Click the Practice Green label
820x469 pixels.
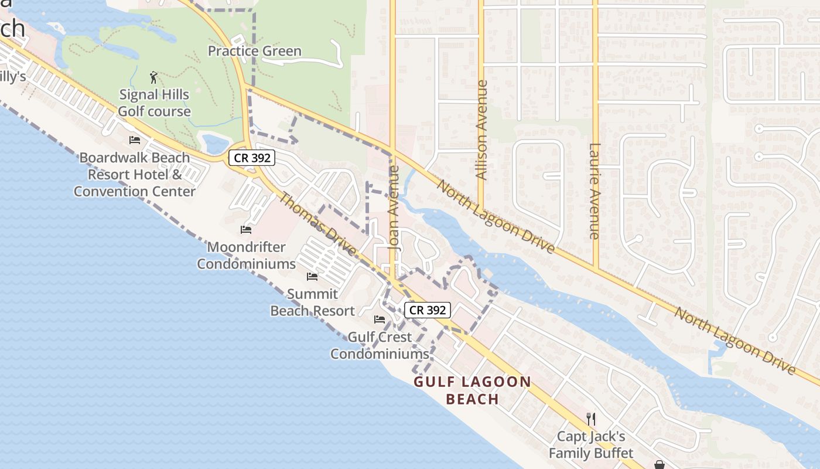pos(255,52)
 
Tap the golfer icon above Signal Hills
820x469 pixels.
pos(154,77)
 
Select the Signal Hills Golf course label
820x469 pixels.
pos(155,103)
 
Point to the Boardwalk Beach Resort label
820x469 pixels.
pos(135,174)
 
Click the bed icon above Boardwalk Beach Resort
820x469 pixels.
pos(135,140)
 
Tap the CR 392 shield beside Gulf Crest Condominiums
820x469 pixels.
pos(428,310)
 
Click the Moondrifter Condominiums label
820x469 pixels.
pos(246,256)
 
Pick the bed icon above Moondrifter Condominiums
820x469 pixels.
pos(246,230)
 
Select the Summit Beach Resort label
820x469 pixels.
pos(312,303)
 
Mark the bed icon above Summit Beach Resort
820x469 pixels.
pos(312,277)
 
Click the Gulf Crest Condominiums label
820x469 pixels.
pos(380,345)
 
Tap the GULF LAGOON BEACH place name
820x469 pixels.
pos(472,390)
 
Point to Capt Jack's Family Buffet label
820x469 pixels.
pos(590,444)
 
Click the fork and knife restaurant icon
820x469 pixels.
pos(591,419)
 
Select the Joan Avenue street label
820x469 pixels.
pos(394,208)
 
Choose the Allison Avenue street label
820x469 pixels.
pos(481,130)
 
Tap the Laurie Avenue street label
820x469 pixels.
pos(595,191)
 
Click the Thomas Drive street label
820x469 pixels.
pos(316,223)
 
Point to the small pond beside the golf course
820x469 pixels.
pos(214,143)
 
